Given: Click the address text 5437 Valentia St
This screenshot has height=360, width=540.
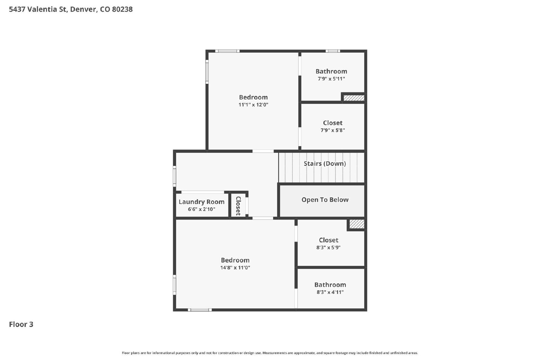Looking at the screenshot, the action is (x=38, y=9).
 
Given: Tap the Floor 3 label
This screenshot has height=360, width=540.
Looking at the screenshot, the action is (x=21, y=324).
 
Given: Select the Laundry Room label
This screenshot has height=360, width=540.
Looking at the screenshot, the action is (x=201, y=202).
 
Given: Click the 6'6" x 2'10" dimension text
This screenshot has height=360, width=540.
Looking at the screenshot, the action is (x=201, y=209).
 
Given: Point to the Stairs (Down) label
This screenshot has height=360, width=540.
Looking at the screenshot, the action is (x=325, y=164).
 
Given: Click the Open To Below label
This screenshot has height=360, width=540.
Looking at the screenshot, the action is (x=325, y=200).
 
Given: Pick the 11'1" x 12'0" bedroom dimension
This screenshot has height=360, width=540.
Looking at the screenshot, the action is (x=253, y=105).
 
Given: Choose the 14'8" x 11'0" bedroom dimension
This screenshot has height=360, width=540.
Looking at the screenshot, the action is (x=235, y=268).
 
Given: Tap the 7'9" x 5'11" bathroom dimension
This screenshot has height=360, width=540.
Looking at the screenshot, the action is (x=331, y=79).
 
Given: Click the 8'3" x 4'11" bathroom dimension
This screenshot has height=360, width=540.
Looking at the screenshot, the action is (x=330, y=292).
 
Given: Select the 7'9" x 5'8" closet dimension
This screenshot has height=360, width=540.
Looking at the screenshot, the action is (x=333, y=130).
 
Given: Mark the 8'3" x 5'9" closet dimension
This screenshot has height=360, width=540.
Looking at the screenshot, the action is (x=328, y=247).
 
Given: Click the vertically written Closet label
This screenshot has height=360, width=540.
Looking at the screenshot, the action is (x=238, y=206).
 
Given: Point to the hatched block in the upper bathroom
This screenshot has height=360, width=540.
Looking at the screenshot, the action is (x=354, y=98).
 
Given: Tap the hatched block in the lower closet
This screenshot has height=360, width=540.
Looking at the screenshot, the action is (x=357, y=224).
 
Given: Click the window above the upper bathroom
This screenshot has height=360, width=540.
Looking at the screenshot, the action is (x=333, y=51).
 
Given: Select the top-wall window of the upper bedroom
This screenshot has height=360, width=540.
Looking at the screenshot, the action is (x=227, y=51).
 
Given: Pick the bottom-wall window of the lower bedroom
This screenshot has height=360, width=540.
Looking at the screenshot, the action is (x=200, y=310).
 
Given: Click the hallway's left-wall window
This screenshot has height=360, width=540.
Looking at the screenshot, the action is (x=174, y=176).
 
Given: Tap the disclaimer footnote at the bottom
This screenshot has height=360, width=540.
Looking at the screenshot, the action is (x=270, y=353).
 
